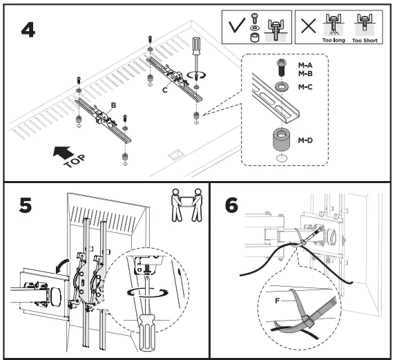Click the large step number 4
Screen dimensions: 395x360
click(x=28, y=30)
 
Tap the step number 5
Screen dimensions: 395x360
click(x=26, y=205)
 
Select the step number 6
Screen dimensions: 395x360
click(x=231, y=205)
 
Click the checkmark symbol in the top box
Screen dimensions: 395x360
click(x=237, y=26)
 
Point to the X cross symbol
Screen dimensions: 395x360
click(x=309, y=26)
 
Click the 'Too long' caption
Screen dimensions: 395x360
click(x=334, y=40)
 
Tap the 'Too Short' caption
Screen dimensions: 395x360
click(x=365, y=40)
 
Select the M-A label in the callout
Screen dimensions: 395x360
click(x=305, y=65)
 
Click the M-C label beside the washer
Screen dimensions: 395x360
click(x=305, y=87)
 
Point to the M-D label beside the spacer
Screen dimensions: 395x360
click(x=305, y=140)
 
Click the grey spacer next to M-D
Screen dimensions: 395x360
click(x=281, y=139)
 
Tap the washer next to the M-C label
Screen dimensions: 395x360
click(x=281, y=87)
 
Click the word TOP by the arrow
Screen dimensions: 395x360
click(x=75, y=162)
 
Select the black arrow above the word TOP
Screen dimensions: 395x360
click(x=64, y=152)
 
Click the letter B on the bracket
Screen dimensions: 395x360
click(x=113, y=106)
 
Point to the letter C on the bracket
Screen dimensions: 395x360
click(x=165, y=90)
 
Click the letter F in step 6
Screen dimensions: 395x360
click(x=278, y=301)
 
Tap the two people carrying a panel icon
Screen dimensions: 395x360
click(x=186, y=205)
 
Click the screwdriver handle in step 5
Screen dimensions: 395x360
click(x=146, y=332)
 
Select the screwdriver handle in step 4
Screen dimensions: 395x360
click(x=196, y=46)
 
